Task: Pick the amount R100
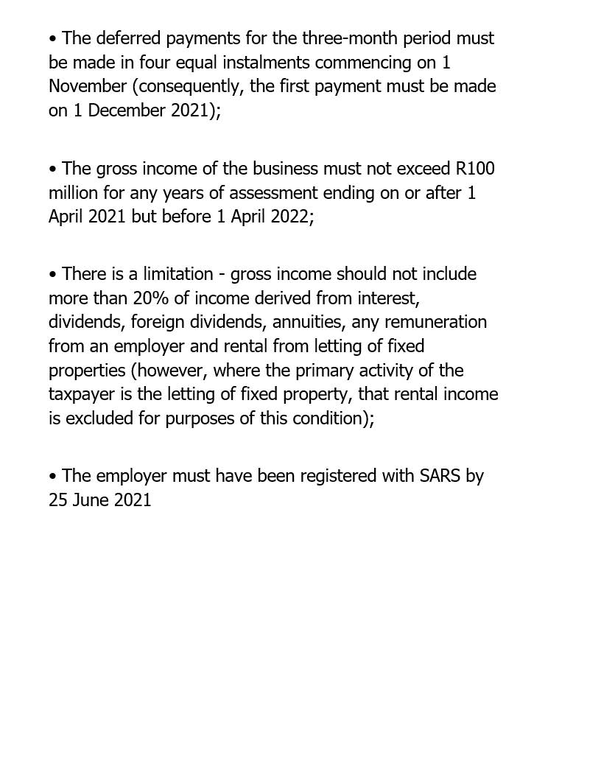475,169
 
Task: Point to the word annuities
308,323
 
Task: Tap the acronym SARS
440,477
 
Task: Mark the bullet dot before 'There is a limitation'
53,275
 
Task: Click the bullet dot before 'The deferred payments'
53,38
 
